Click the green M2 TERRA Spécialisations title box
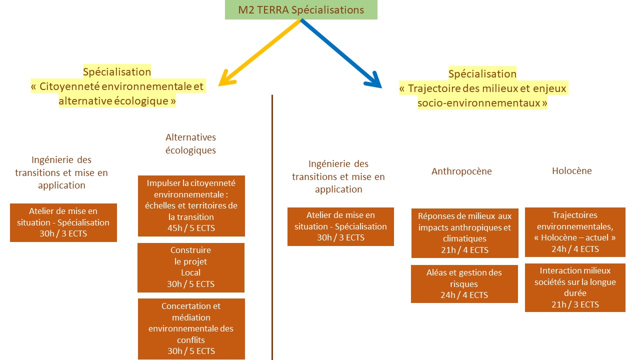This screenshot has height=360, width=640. (301, 10)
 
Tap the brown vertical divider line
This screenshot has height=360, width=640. (272, 225)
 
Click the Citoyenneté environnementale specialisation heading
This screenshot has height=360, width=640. (117, 86)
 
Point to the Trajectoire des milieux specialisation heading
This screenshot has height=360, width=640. (482, 88)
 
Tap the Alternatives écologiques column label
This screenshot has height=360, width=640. (190, 143)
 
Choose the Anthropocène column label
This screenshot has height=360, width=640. (461, 171)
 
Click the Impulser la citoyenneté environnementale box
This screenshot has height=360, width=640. (191, 205)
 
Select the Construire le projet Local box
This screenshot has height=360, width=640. (190, 267)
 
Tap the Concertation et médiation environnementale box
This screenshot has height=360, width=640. (191, 328)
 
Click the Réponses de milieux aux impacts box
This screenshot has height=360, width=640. (464, 233)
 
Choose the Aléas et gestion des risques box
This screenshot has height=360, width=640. (464, 283)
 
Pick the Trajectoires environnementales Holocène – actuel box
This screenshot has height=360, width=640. (575, 232)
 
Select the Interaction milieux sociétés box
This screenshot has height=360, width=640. (575, 287)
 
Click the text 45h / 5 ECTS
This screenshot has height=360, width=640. (191, 228)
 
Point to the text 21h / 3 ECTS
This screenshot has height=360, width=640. (575, 304)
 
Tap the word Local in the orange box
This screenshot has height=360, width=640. (190, 272)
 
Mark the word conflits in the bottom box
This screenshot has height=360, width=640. (191, 340)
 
